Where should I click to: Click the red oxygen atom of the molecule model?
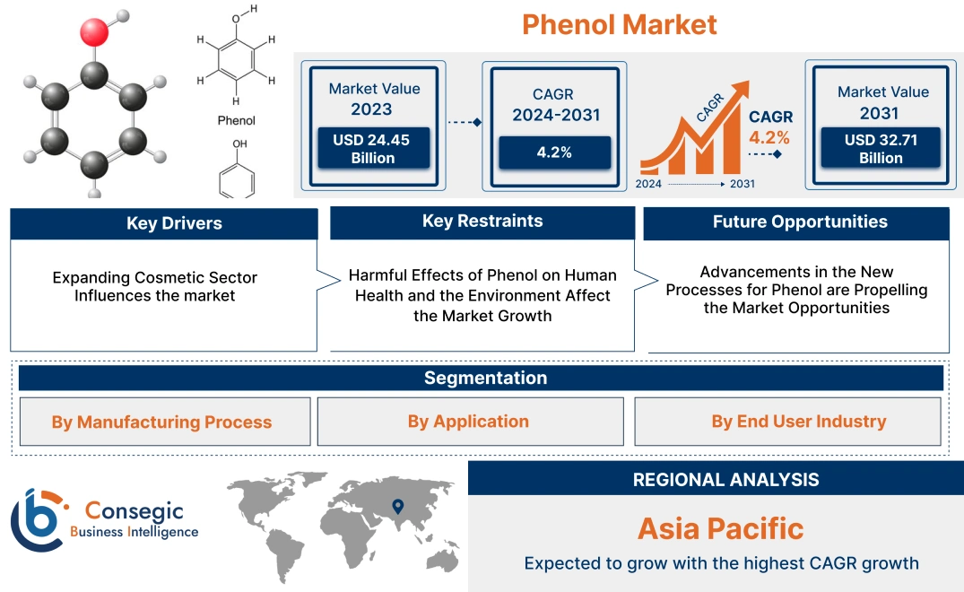point(94,32)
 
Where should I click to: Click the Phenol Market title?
point(619,24)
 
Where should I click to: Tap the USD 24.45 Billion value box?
point(372,148)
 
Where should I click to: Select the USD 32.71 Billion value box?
point(881,148)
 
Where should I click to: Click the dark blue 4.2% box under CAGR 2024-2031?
point(554,152)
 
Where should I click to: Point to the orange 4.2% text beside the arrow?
point(769,137)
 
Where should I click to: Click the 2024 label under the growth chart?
point(648,184)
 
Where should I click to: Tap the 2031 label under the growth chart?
point(743,184)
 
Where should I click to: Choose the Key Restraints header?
point(482,222)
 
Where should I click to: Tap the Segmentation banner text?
point(486,378)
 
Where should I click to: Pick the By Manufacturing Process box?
point(165,422)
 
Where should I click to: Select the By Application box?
point(470,421)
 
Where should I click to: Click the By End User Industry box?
point(787,421)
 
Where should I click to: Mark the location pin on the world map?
point(398,507)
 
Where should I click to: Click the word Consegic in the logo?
point(134,511)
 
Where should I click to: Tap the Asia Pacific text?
point(721,528)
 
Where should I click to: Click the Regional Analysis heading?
point(726,480)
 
